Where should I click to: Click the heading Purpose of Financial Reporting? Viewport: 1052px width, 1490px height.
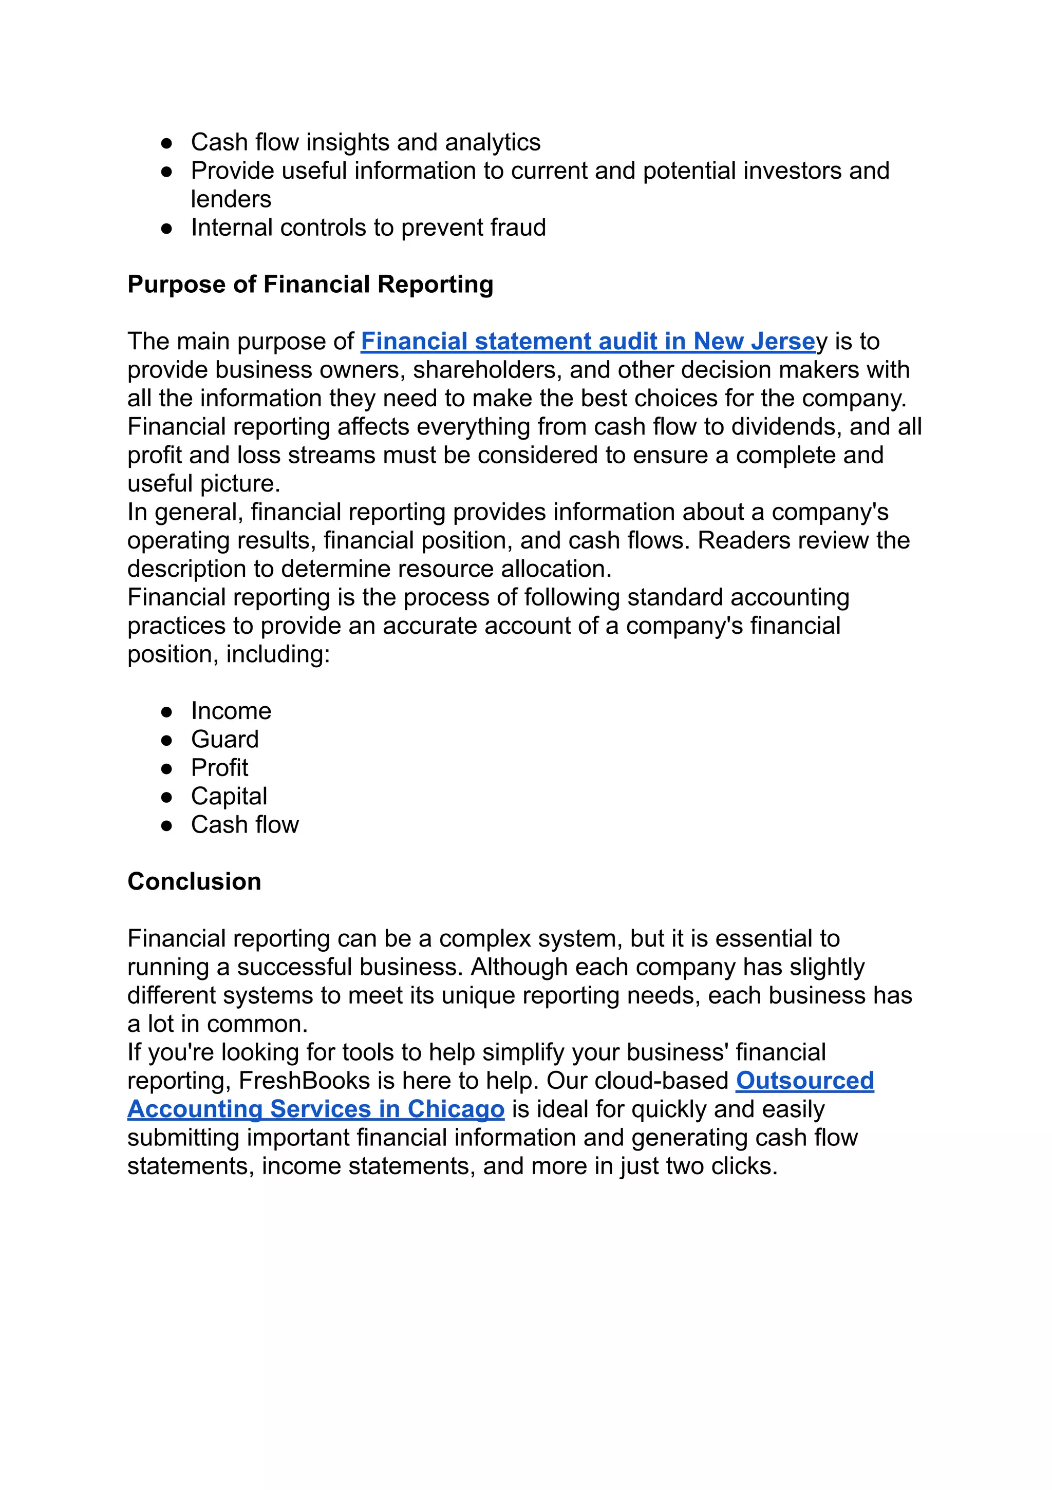click(x=310, y=284)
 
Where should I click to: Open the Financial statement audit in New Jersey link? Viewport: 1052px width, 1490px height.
click(x=588, y=342)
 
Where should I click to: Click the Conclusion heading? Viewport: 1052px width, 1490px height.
click(x=194, y=881)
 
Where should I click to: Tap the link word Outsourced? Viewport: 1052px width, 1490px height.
click(x=805, y=1081)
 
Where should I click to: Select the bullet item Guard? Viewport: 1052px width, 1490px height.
click(x=224, y=739)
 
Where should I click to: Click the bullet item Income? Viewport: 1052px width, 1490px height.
click(x=231, y=711)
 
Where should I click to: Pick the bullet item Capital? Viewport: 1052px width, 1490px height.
click(x=229, y=796)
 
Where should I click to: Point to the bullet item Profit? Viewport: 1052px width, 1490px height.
click(x=219, y=768)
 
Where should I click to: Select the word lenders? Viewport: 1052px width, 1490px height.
click(x=231, y=199)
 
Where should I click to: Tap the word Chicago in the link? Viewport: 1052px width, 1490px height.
click(x=456, y=1109)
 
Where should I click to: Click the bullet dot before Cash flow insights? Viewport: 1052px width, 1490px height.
click(x=167, y=143)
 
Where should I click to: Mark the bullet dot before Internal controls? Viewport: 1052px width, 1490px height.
click(x=167, y=229)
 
